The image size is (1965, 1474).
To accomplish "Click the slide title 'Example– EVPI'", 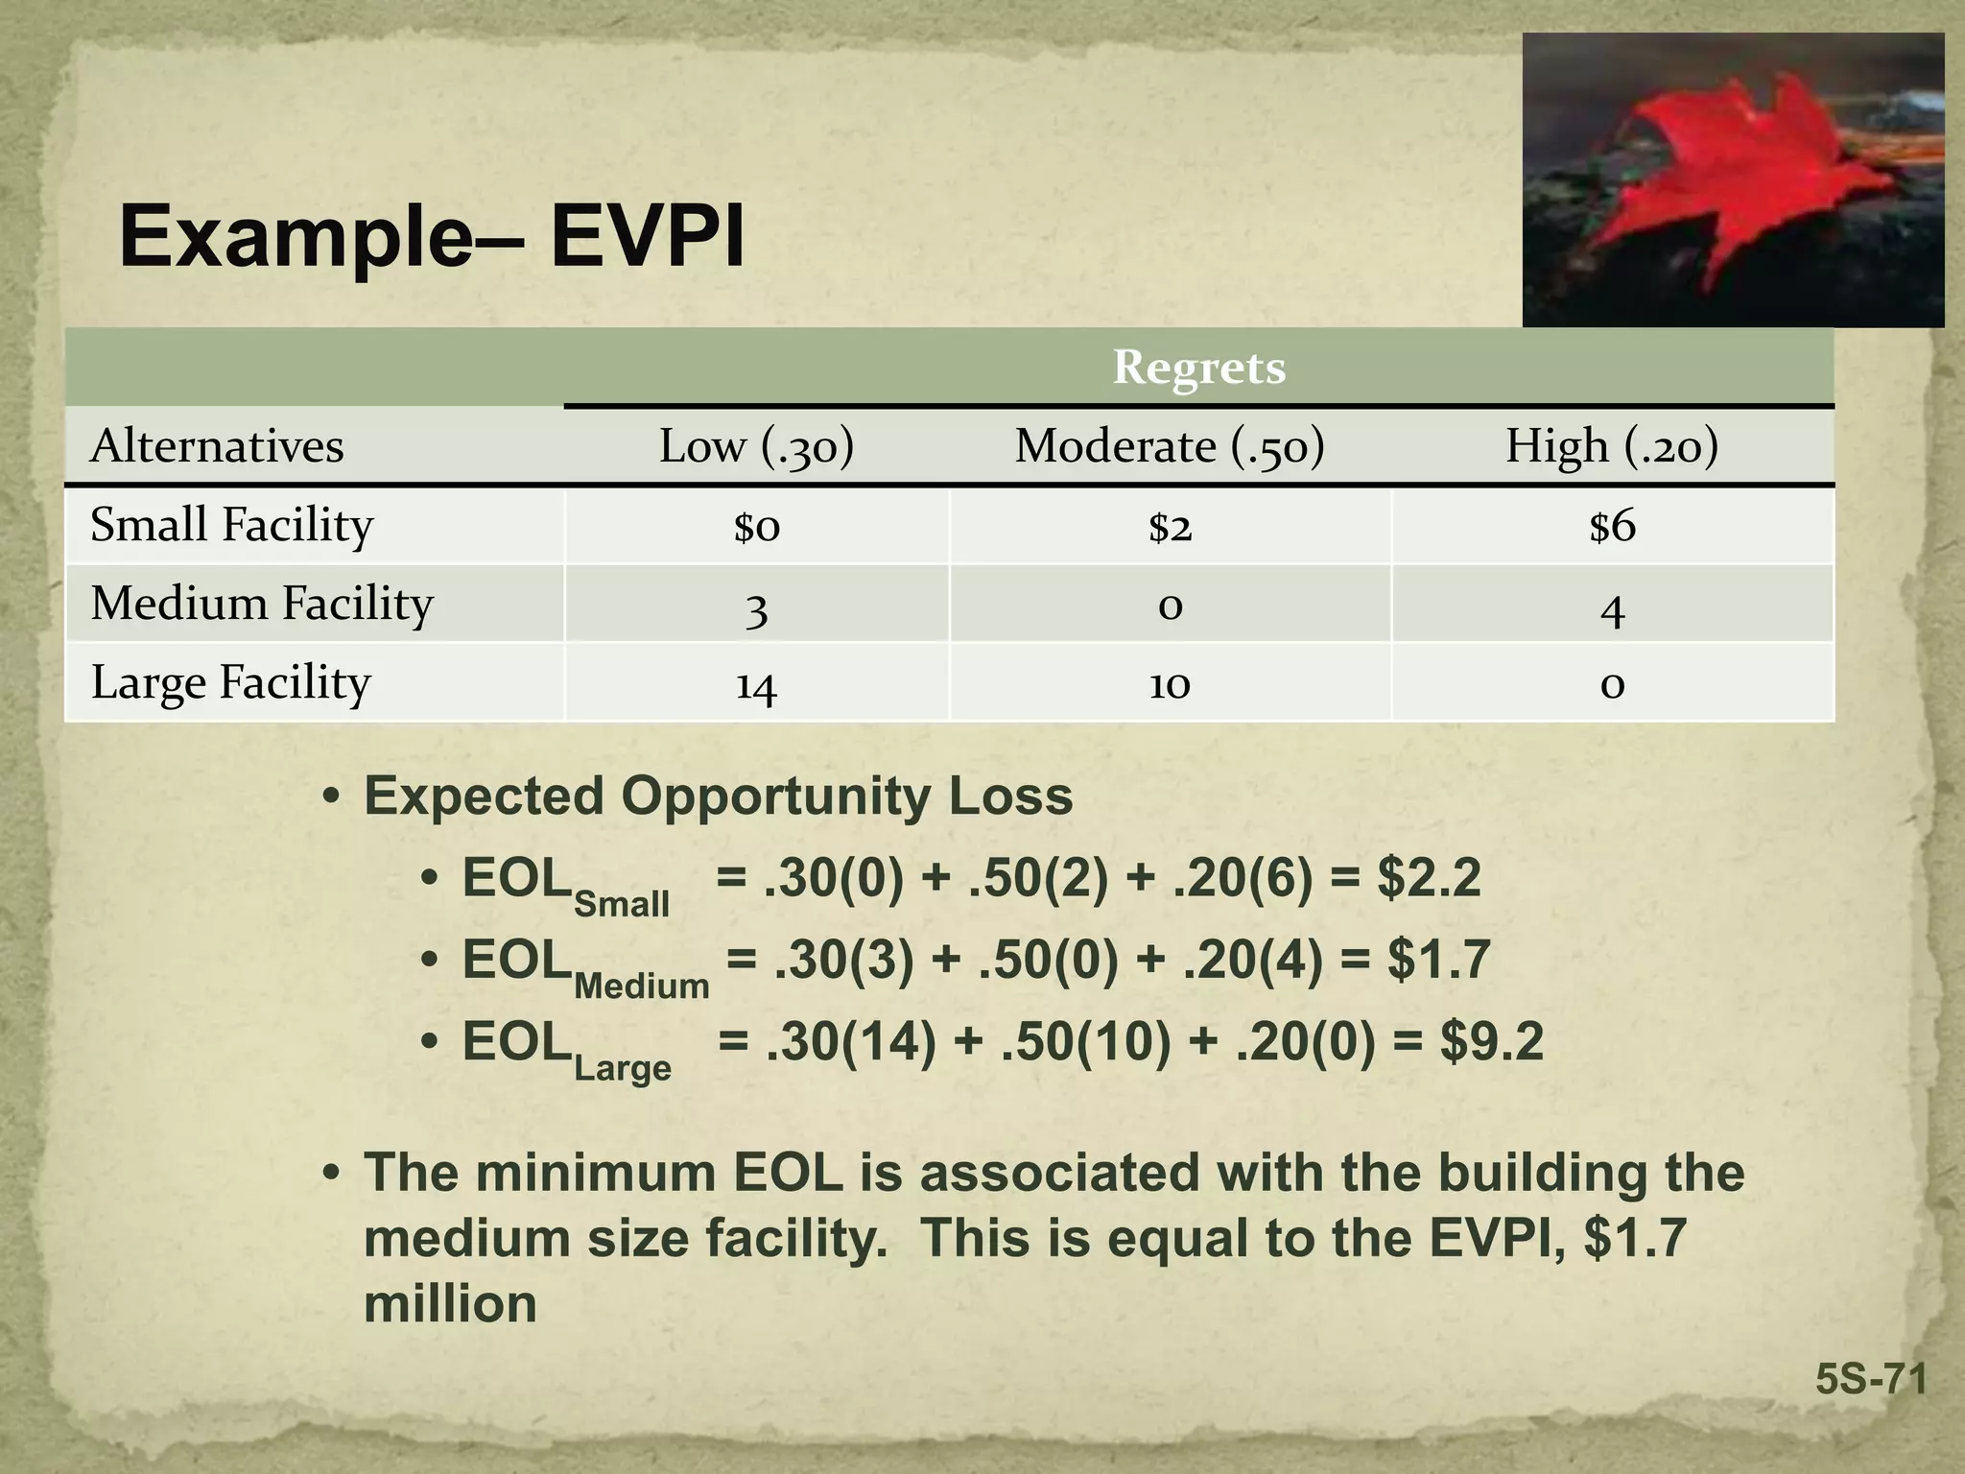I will (x=432, y=237).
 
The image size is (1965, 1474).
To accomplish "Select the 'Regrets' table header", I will (x=1198, y=368).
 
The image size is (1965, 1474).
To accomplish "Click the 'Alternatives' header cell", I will (x=217, y=446).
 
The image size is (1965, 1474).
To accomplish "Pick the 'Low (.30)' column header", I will (x=756, y=446).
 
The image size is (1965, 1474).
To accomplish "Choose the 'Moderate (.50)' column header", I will (x=1170, y=446).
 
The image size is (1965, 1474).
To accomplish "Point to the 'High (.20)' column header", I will (x=1611, y=446).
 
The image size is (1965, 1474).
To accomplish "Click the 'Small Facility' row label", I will (x=231, y=525).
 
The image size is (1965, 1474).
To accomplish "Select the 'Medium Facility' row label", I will (x=262, y=604).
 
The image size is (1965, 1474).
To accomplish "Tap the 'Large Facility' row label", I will (x=230, y=682).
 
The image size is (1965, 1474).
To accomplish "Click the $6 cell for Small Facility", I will (x=1612, y=526).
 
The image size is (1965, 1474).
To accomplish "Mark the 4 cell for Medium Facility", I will (x=1612, y=608).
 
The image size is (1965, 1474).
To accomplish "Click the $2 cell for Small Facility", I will (x=1170, y=526).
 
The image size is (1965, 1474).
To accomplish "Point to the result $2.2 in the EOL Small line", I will (x=1429, y=878).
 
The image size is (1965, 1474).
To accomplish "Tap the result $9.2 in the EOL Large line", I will (x=1492, y=1041).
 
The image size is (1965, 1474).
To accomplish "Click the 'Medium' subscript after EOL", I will (x=641, y=986).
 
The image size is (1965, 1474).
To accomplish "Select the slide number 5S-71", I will (x=1871, y=1380).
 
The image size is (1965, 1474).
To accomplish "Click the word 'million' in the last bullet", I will (x=450, y=1304).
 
